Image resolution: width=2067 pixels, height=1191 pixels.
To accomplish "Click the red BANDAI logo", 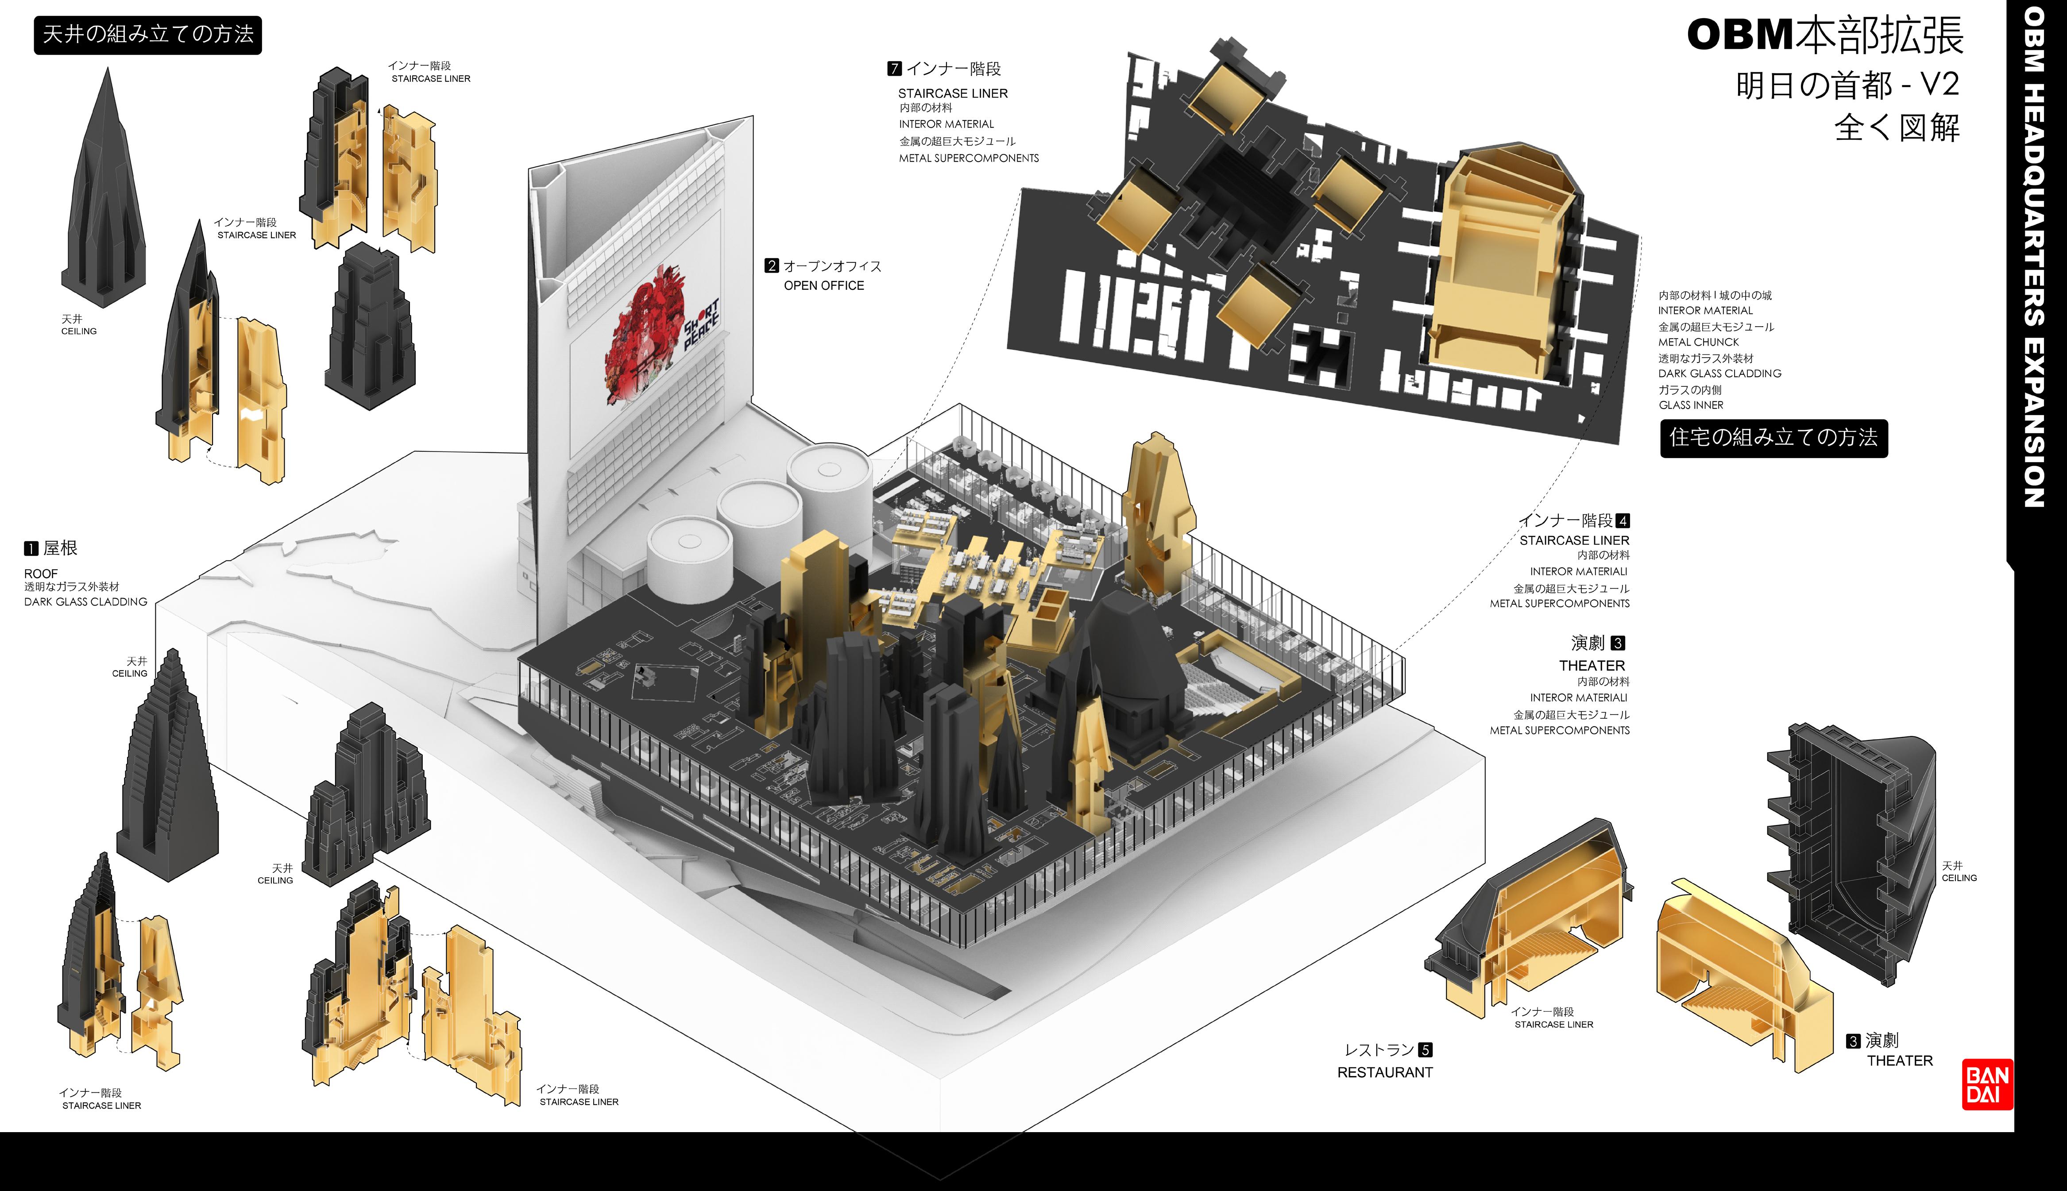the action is [1987, 1085].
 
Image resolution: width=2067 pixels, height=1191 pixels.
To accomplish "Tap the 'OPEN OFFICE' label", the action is [824, 285].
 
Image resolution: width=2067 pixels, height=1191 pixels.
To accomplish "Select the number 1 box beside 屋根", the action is [31, 548].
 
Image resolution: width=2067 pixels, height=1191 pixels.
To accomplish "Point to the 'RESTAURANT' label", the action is [1385, 1072].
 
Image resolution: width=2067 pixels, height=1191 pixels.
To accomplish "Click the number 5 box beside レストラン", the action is [1425, 1050].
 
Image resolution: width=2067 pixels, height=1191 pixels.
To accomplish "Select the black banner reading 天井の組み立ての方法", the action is [148, 35].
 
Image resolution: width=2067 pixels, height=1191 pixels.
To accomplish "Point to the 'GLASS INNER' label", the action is [1691, 405].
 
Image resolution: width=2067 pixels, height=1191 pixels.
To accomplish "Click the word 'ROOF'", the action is [41, 574].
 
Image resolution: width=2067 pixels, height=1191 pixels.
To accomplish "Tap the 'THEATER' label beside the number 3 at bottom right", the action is [1899, 1061].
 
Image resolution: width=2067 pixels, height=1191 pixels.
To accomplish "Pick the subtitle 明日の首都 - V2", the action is [1847, 85].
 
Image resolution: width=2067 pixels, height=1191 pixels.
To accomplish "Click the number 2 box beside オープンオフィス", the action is [771, 266].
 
